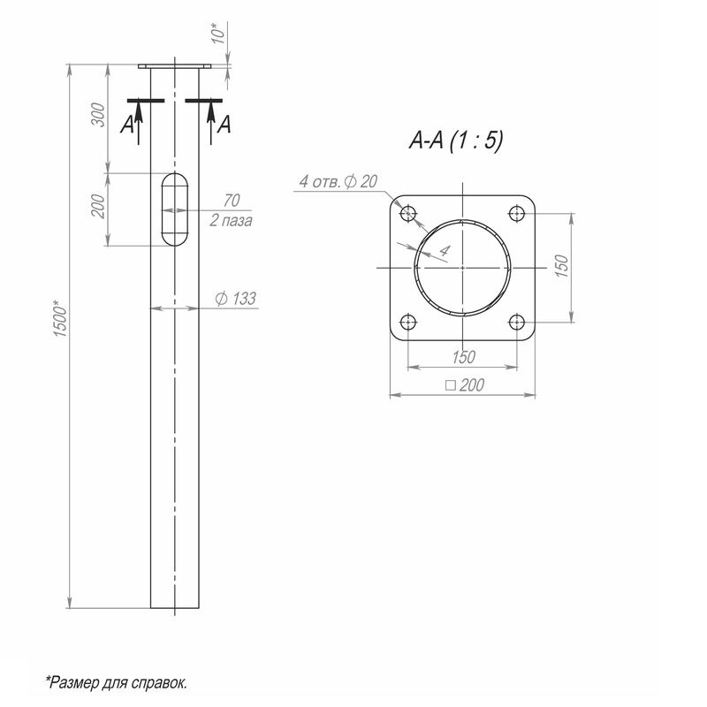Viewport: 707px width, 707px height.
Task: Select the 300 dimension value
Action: pos(98,115)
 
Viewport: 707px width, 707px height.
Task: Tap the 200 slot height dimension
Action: pos(98,206)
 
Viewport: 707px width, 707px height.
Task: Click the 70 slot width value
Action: pos(232,201)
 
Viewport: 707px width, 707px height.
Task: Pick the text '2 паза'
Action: pos(231,220)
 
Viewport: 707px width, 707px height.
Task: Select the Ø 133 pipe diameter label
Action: pos(235,299)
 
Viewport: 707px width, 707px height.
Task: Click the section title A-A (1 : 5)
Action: pos(456,140)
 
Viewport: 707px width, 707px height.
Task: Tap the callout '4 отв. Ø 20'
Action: pos(338,182)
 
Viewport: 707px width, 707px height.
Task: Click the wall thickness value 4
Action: pos(445,250)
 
